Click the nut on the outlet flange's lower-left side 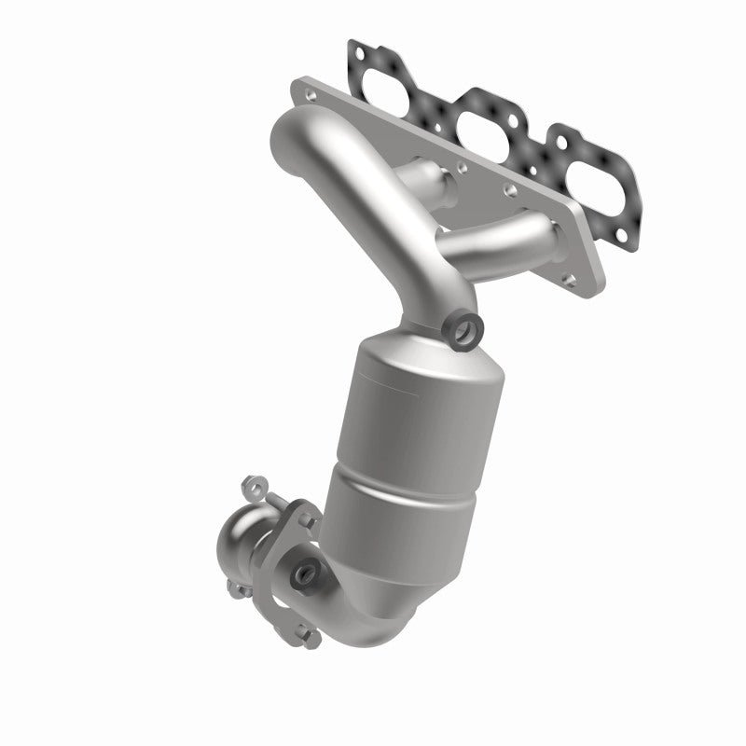(235, 587)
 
